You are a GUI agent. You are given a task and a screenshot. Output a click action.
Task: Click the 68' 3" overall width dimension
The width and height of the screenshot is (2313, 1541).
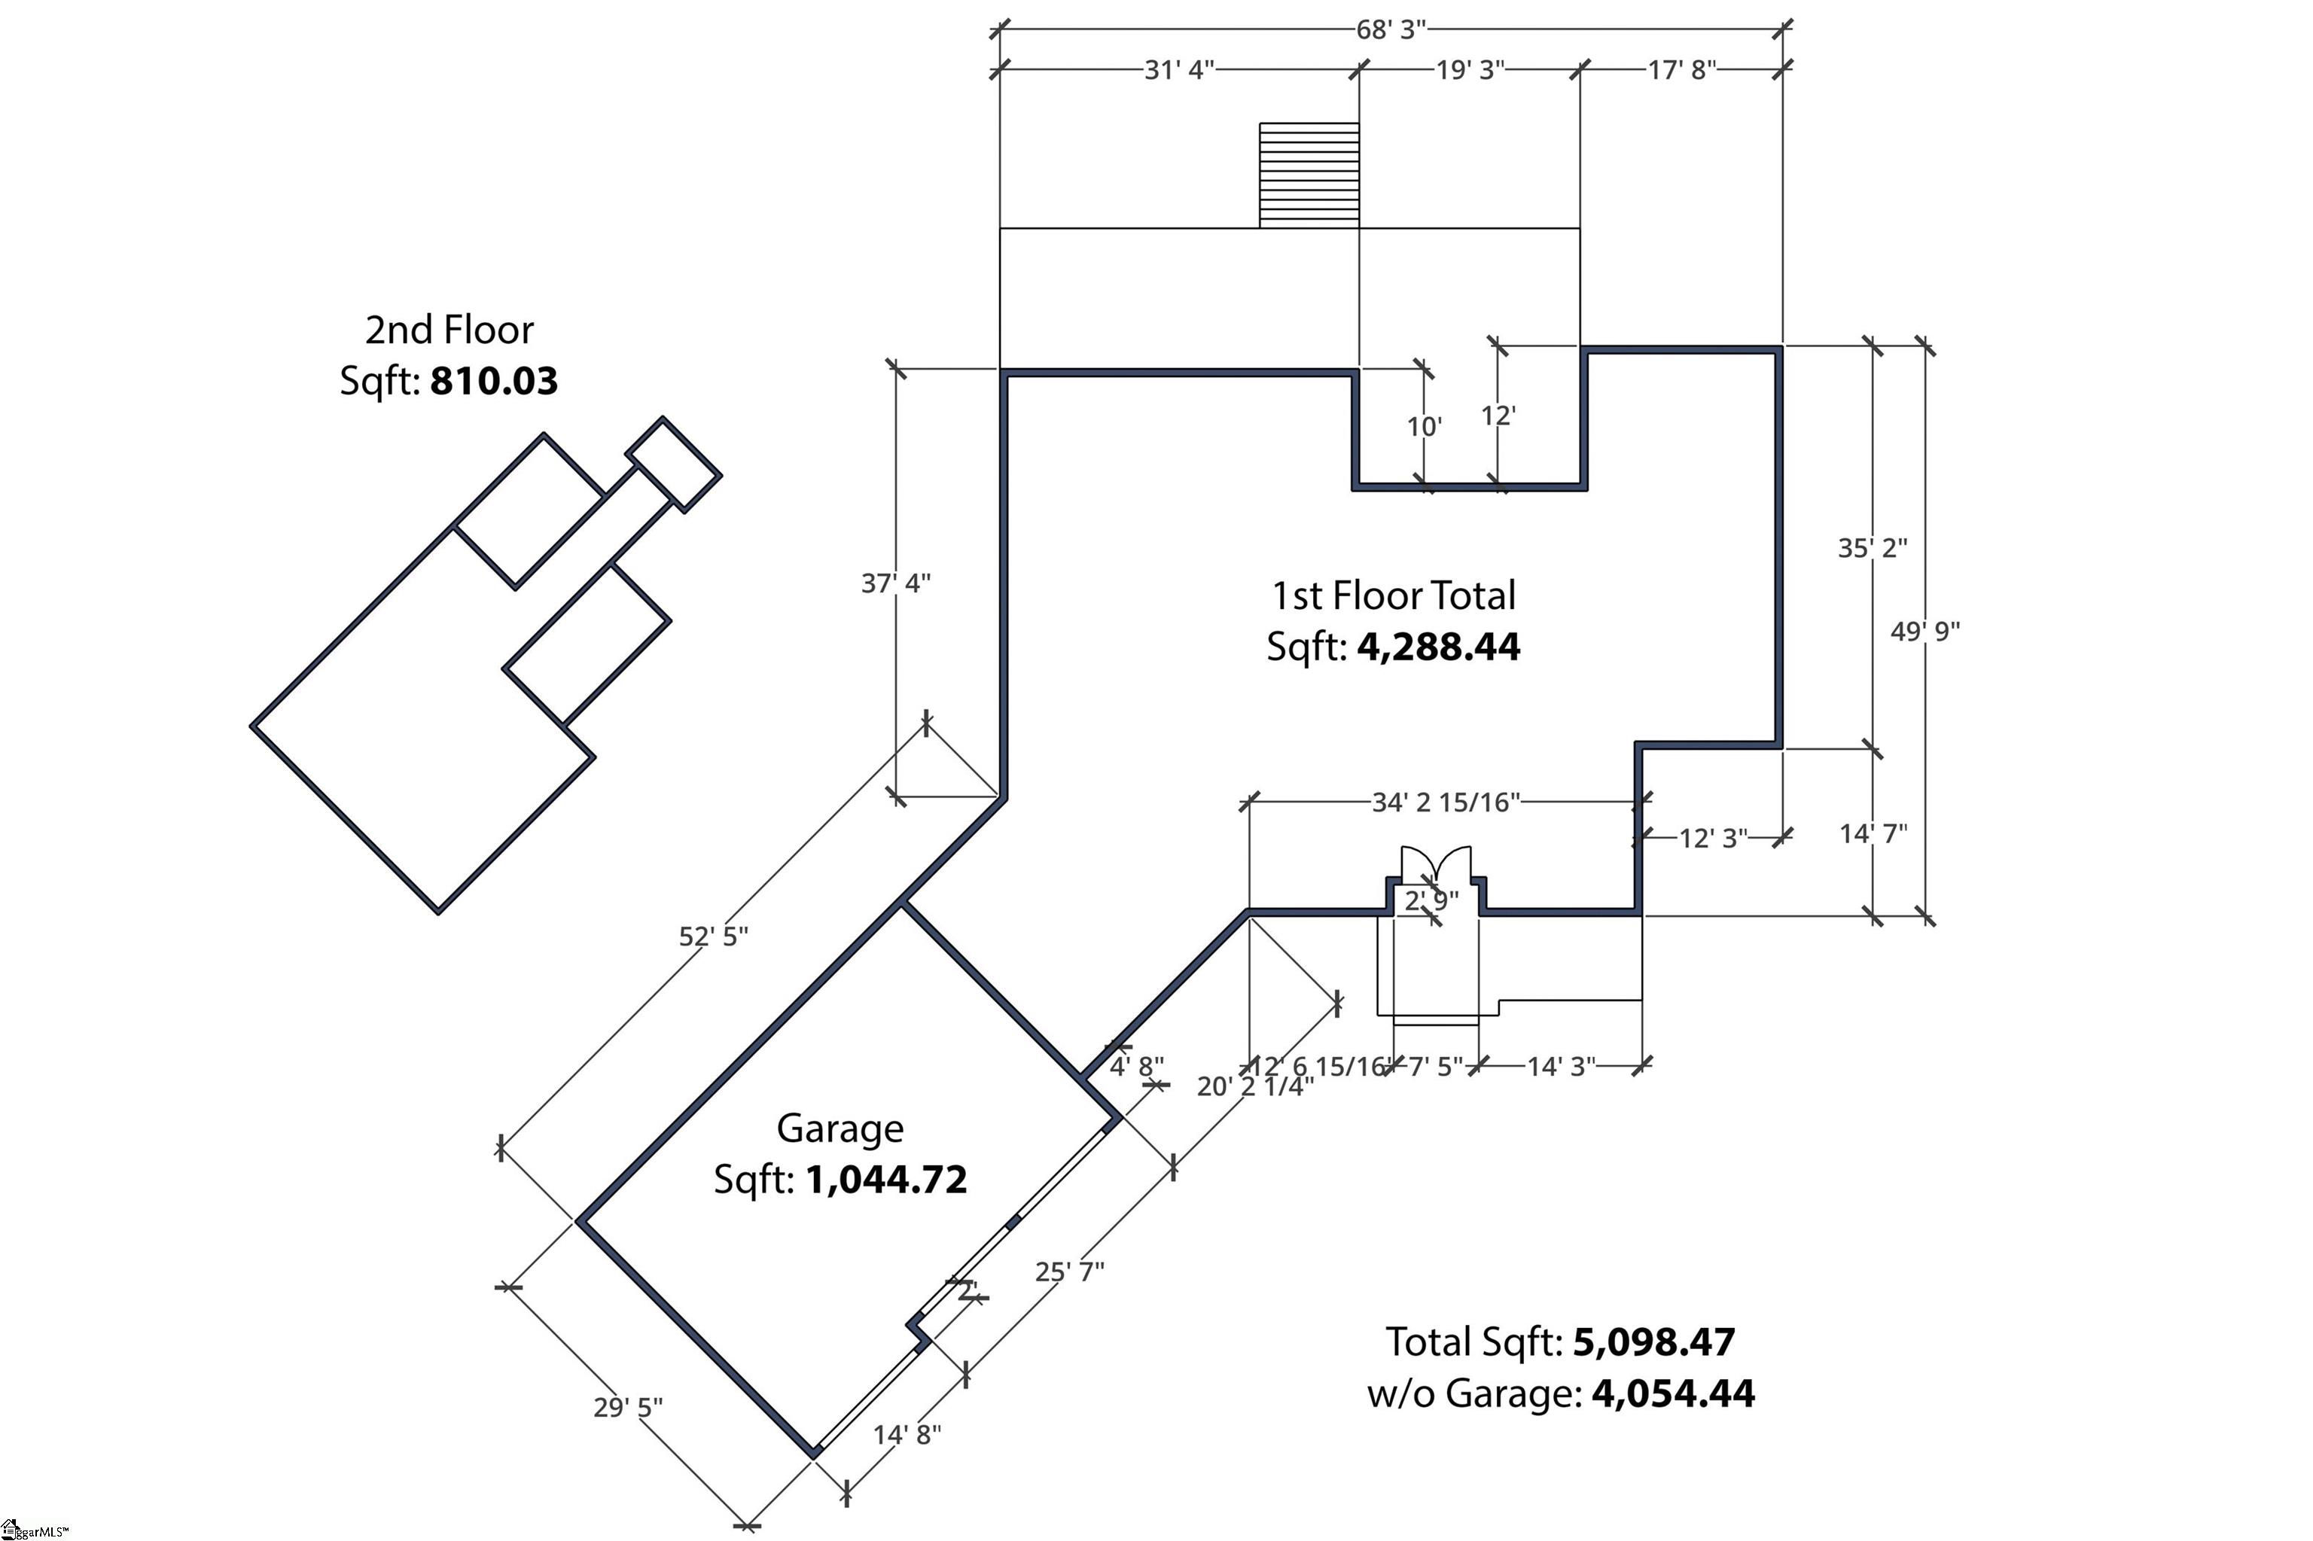(1390, 29)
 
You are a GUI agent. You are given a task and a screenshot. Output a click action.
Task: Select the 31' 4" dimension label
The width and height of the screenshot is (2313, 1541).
(1178, 70)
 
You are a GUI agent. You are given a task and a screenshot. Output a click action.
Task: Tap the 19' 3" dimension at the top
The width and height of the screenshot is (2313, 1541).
(1470, 70)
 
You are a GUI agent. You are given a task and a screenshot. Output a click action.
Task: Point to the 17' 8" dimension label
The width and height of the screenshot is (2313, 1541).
(1682, 70)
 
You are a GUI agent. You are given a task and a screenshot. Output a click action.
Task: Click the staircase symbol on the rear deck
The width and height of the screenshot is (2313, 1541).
(1309, 175)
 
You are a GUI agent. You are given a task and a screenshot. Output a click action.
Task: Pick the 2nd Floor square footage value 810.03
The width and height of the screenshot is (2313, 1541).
(493, 382)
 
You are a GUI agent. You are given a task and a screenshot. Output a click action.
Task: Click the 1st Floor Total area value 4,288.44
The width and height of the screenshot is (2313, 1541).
(1438, 647)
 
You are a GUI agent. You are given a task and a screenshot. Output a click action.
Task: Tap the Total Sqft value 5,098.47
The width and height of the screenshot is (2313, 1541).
(1654, 1342)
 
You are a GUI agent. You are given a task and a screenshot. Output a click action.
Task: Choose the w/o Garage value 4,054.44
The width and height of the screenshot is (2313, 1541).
(1672, 1393)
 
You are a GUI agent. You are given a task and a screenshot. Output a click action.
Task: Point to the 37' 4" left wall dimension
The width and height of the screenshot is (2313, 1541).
(895, 583)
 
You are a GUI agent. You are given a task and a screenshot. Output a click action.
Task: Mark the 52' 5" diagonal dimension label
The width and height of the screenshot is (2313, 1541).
(714, 936)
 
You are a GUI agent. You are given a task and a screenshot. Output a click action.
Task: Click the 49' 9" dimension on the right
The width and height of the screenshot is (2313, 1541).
(1924, 631)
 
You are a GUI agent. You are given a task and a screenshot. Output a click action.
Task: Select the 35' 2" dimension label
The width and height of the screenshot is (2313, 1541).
(1873, 547)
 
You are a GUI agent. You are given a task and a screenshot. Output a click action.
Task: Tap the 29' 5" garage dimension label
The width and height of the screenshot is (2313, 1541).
(628, 1407)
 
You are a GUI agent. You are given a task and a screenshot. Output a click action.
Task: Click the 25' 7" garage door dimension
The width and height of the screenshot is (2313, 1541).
(1069, 1271)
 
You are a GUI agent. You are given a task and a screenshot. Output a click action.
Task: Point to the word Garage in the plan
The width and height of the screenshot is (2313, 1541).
(840, 1128)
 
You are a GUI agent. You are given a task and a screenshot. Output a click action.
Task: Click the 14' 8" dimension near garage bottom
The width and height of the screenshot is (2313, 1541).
(907, 1434)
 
